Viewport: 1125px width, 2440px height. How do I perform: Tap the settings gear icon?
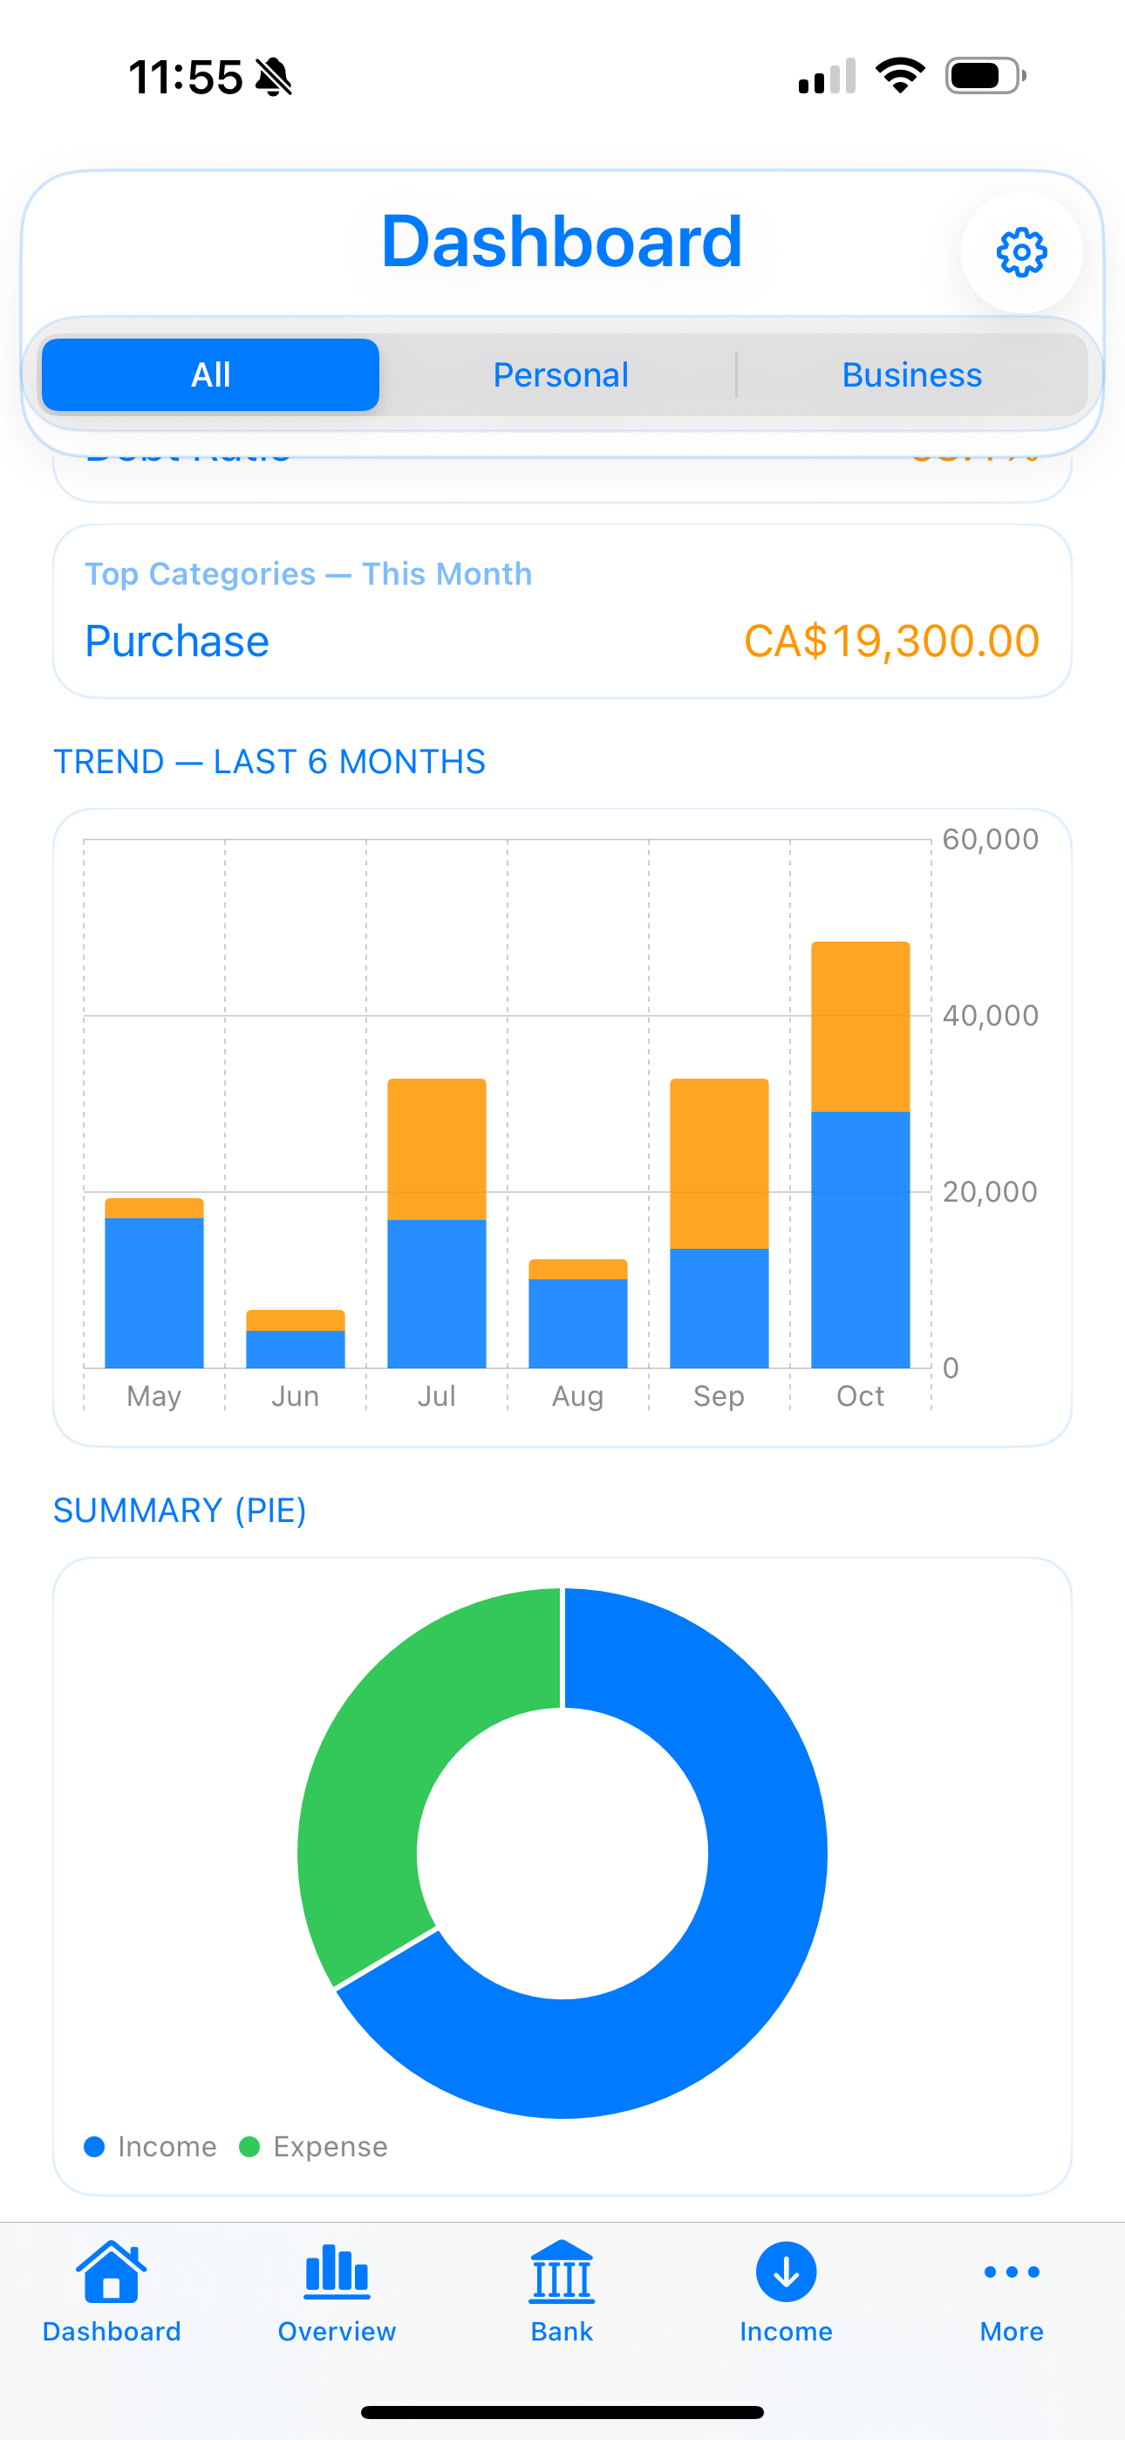1021,252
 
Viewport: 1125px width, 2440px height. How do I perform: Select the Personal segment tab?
561,375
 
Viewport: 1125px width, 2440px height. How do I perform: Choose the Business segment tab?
911,375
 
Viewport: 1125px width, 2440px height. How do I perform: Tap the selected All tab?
210,375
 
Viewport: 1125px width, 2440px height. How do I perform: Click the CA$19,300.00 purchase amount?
891,641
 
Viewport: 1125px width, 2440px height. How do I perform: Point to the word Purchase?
177,641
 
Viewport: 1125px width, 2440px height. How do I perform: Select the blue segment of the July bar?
437,1293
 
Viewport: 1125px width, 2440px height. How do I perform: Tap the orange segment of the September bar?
719,1163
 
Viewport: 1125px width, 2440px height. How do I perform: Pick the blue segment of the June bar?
296,1349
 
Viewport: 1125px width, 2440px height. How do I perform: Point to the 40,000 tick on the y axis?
990,1016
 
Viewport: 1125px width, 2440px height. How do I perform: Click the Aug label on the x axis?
577,1396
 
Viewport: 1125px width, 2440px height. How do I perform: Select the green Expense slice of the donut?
369,1781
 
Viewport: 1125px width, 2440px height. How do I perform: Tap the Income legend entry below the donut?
152,2147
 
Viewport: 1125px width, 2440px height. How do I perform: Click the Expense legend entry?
315,2147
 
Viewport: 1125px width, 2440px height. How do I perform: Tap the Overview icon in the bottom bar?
336,2273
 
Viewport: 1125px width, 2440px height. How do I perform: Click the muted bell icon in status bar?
274,77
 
